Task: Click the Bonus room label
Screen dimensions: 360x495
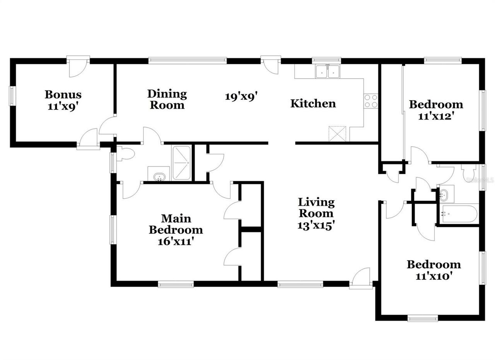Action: [x=63, y=94]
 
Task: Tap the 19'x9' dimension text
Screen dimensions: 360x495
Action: [x=241, y=96]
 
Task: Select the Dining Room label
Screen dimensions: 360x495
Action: [x=167, y=99]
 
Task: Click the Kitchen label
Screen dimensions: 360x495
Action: [x=313, y=103]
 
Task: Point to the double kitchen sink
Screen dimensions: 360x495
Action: [x=328, y=71]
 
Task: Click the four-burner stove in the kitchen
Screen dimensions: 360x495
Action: [x=371, y=101]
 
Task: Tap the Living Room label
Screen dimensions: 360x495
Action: [x=316, y=207]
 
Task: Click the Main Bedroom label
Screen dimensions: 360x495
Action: [x=176, y=224]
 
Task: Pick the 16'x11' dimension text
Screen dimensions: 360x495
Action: [x=176, y=242]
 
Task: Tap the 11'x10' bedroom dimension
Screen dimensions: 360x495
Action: [x=434, y=276]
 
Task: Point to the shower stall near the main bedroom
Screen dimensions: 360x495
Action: [x=182, y=163]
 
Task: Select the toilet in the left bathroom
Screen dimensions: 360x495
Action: [x=126, y=154]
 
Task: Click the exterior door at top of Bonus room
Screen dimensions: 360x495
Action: [x=78, y=66]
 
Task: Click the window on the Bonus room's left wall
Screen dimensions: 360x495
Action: [x=13, y=96]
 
